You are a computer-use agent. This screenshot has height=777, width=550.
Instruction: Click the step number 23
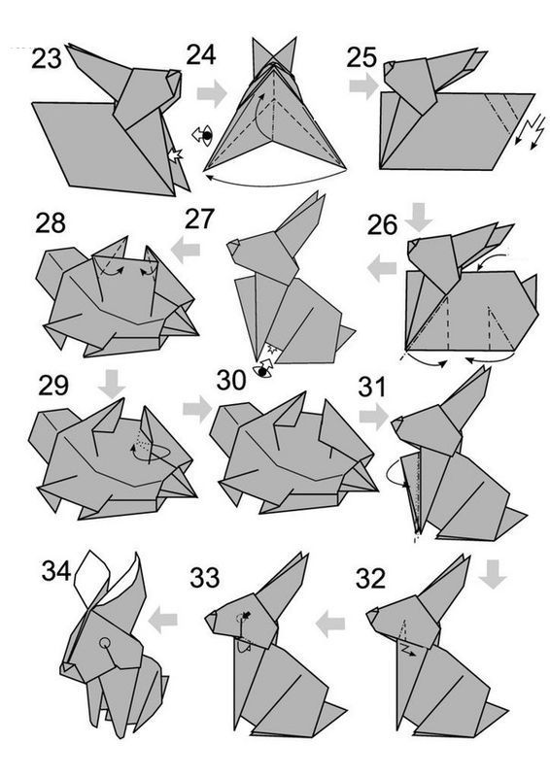(47, 58)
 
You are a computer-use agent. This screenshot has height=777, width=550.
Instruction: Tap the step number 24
(201, 54)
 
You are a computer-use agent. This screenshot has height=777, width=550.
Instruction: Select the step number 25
(361, 57)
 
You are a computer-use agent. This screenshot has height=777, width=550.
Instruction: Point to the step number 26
(382, 224)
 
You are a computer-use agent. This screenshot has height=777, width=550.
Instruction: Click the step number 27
(199, 219)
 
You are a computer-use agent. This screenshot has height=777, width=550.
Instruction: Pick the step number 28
(51, 223)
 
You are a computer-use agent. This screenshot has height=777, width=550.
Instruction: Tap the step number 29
(53, 386)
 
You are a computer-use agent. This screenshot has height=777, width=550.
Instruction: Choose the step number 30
(231, 380)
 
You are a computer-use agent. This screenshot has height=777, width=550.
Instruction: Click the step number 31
(371, 387)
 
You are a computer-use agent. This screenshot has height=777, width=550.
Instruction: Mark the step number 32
(370, 578)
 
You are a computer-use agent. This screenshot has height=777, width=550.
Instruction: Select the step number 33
(204, 577)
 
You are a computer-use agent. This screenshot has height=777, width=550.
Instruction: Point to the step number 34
(56, 570)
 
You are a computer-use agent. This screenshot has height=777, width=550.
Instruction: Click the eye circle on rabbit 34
(105, 643)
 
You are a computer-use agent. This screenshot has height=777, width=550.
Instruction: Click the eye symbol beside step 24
(203, 135)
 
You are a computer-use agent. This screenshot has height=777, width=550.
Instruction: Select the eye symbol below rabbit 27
(263, 369)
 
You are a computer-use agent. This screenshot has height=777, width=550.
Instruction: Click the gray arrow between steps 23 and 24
(212, 92)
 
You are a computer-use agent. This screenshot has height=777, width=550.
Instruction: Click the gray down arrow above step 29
(112, 383)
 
